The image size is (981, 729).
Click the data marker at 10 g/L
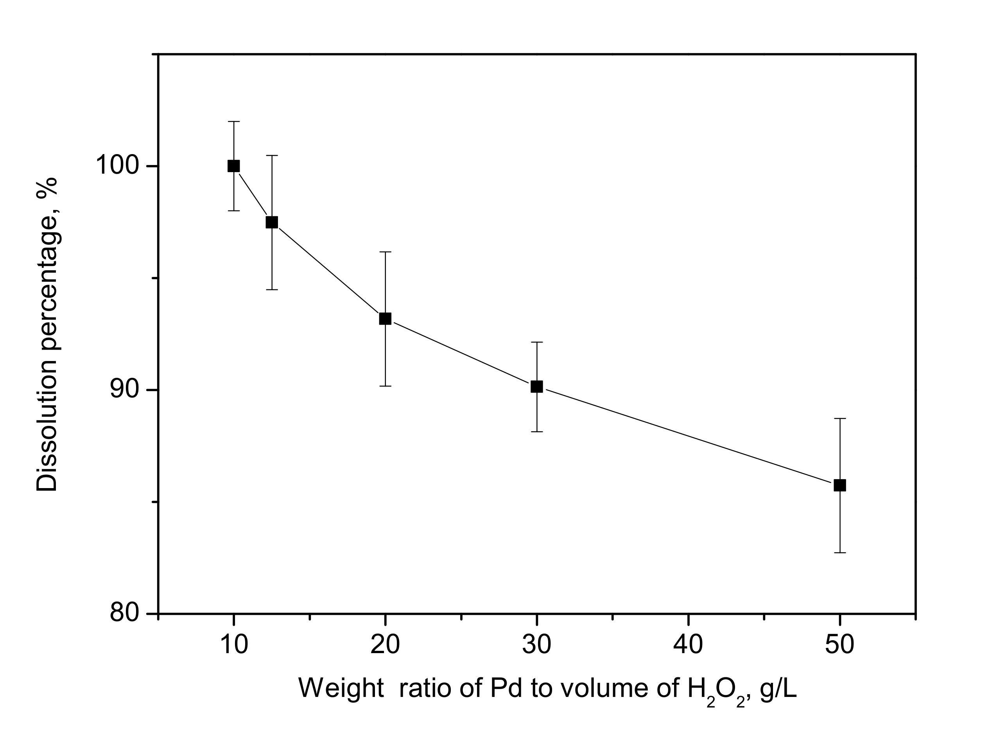pyautogui.click(x=233, y=166)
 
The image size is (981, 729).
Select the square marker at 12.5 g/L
pyautogui.click(x=272, y=222)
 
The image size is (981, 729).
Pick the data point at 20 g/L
pyautogui.click(x=385, y=318)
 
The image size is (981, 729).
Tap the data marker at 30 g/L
pyautogui.click(x=536, y=386)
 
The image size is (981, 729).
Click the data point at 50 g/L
pyautogui.click(x=840, y=485)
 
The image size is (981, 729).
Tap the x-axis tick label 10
pyautogui.click(x=234, y=645)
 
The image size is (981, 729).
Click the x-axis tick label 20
pyautogui.click(x=385, y=645)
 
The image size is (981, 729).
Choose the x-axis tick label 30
pyautogui.click(x=536, y=645)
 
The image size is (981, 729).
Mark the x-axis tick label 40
pyautogui.click(x=688, y=645)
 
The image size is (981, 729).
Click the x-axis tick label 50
pyautogui.click(x=839, y=645)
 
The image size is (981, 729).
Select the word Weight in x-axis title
pyautogui.click(x=341, y=688)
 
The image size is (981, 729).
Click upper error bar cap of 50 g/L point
pyautogui.click(x=840, y=418)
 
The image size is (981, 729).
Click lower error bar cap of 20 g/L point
pyautogui.click(x=385, y=386)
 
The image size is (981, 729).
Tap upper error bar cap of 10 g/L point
pyautogui.click(x=233, y=121)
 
